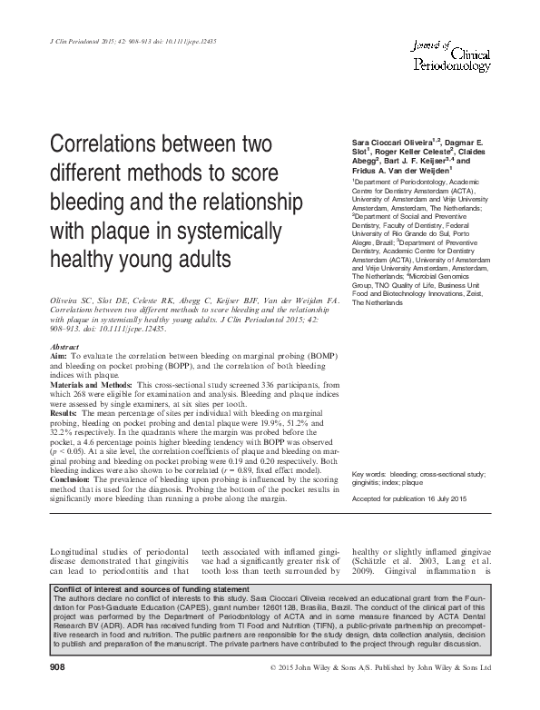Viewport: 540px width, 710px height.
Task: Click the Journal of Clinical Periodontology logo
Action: (x=452, y=50)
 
